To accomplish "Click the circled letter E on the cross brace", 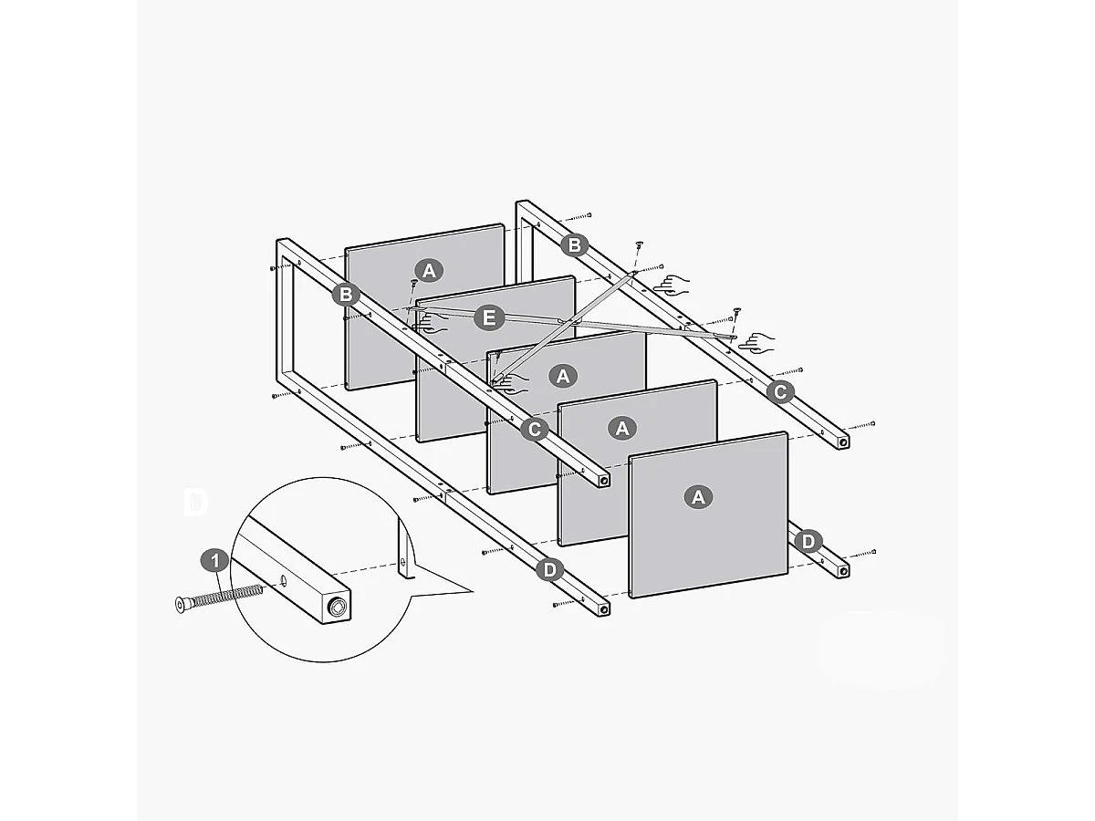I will click(x=490, y=317).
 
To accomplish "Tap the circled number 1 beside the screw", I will click(x=214, y=559).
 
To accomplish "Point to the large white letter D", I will click(x=196, y=503).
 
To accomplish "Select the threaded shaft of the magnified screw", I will click(x=228, y=596).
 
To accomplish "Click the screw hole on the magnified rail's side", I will click(x=283, y=580).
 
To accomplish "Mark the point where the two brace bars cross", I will click(x=566, y=320).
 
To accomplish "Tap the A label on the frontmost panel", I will click(x=699, y=496).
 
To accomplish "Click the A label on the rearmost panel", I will click(x=429, y=269).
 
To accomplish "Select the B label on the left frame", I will click(x=345, y=294).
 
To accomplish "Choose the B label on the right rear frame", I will click(x=574, y=244).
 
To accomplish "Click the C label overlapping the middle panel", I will click(x=535, y=428).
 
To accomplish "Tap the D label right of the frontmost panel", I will click(x=808, y=541).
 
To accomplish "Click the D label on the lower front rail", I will click(x=549, y=570).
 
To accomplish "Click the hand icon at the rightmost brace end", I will click(x=756, y=343).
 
